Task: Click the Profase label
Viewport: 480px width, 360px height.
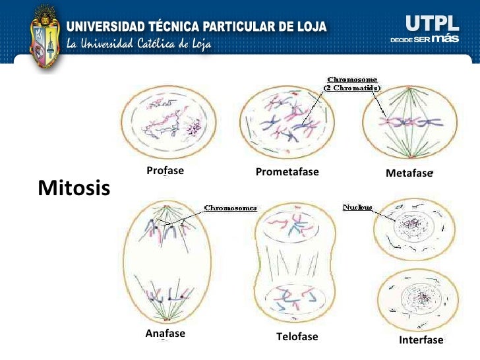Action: (x=165, y=170)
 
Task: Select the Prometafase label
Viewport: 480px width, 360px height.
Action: (x=287, y=172)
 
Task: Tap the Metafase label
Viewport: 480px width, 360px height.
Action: (x=408, y=173)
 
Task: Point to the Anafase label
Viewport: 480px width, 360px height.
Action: (x=165, y=334)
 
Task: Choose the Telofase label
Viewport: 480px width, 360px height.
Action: (x=297, y=337)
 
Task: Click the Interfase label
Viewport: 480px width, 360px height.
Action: (x=421, y=340)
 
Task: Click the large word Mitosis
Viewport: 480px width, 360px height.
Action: (x=74, y=189)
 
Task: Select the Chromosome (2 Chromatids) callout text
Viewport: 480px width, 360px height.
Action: (x=352, y=84)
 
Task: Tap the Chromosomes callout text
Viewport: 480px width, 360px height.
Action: (x=230, y=208)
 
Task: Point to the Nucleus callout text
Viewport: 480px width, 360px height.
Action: (x=357, y=208)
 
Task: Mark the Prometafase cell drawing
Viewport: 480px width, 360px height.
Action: (x=287, y=122)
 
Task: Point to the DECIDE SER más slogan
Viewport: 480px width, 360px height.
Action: (x=424, y=40)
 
